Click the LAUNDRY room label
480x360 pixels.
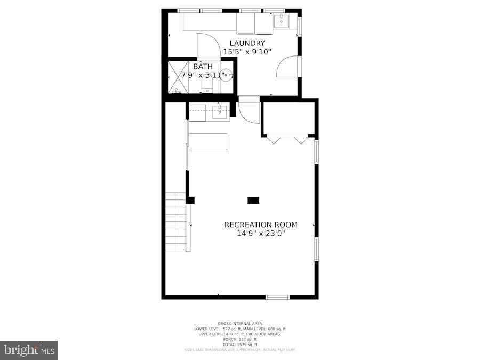(x=247, y=43)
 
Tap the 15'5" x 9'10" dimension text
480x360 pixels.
(x=247, y=52)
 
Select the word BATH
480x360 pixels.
(x=203, y=67)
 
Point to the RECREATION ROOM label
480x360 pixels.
(x=261, y=225)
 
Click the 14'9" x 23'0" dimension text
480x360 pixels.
(x=261, y=233)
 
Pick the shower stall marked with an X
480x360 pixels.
(x=178, y=77)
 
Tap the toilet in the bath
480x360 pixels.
(x=207, y=85)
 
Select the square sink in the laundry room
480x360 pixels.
(x=281, y=22)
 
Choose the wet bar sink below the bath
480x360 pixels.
(x=220, y=112)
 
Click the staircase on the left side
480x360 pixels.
(x=177, y=222)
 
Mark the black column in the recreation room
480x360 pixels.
(x=253, y=201)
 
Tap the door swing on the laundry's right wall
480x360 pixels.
(x=287, y=66)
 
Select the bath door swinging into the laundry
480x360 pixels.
(x=208, y=46)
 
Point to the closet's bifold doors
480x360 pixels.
(x=287, y=140)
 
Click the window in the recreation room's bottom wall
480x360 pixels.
(x=278, y=297)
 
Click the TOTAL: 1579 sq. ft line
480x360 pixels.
(x=239, y=345)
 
